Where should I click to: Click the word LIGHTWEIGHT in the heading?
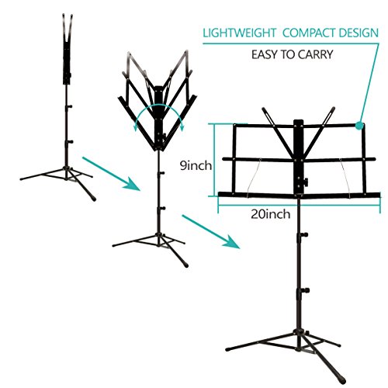pos(240,33)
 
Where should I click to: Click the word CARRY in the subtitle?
pos(315,54)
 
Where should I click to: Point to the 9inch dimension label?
pos(196,165)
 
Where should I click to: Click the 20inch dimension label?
pos(271,214)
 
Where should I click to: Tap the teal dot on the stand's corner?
pos(359,126)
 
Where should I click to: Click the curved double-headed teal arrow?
pos(159,115)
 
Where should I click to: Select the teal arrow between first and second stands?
pos(111,174)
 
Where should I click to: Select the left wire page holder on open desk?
pos(255,178)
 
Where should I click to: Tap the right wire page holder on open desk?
pos(346,178)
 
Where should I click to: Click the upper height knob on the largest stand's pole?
pos(304,235)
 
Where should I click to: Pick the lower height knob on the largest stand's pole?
pos(306,290)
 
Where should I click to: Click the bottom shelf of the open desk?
pos(300,195)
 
